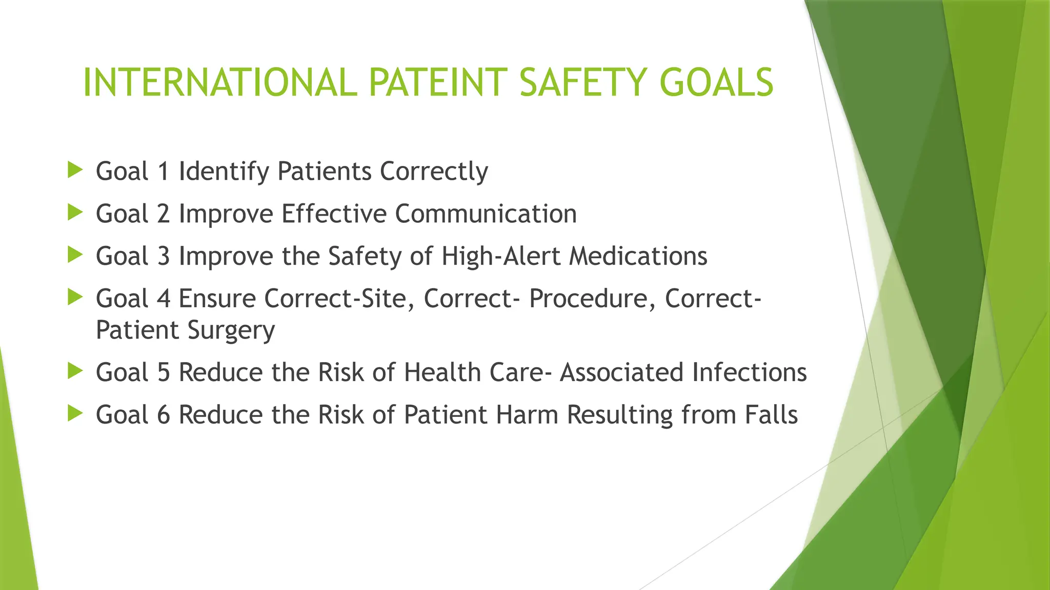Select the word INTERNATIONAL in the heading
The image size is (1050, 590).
pyautogui.click(x=219, y=82)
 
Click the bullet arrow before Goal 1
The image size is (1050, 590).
pyautogui.click(x=75, y=170)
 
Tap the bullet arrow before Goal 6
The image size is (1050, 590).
pyautogui.click(x=75, y=413)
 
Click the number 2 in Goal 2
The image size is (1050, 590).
pyautogui.click(x=164, y=214)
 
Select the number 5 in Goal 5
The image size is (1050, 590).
pyautogui.click(x=164, y=372)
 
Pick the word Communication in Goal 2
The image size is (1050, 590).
pyautogui.click(x=486, y=214)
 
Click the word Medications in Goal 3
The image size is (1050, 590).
pyautogui.click(x=638, y=256)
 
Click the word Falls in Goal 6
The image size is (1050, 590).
pyautogui.click(x=771, y=415)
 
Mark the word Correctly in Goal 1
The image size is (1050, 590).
pyautogui.click(x=434, y=172)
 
